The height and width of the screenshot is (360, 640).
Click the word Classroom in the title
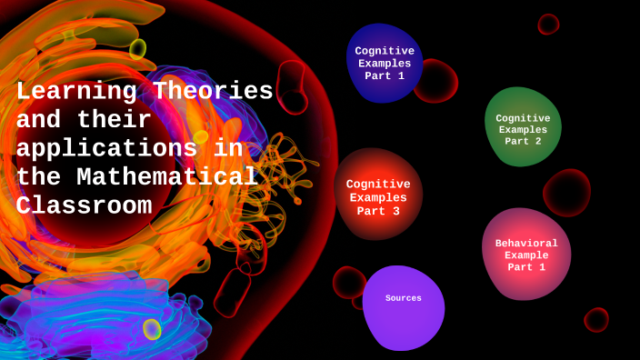(x=84, y=205)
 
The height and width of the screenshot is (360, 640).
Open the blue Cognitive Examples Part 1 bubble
(x=385, y=63)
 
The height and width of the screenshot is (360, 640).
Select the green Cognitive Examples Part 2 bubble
(x=522, y=127)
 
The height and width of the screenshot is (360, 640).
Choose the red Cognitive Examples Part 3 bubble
(x=378, y=195)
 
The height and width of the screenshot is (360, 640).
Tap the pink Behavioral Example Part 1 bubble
(x=526, y=254)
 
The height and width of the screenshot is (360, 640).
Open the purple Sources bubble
(x=404, y=307)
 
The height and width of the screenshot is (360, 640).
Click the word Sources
(x=404, y=298)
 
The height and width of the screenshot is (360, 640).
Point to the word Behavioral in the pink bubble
(x=526, y=243)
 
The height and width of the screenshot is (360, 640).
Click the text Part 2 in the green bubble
(x=523, y=141)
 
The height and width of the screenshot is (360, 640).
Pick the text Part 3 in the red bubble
(x=378, y=211)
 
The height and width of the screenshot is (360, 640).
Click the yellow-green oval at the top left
(x=137, y=48)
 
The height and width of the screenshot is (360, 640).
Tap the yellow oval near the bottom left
(x=152, y=329)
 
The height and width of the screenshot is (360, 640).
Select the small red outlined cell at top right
(x=548, y=25)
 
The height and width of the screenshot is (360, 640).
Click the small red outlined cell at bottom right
(x=596, y=319)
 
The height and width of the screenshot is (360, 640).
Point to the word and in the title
(x=39, y=120)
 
